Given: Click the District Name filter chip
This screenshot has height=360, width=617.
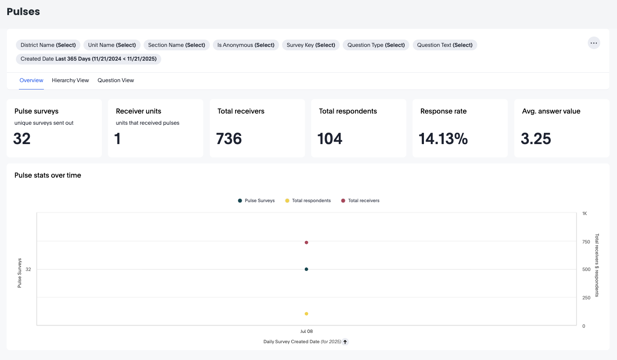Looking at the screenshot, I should tap(48, 45).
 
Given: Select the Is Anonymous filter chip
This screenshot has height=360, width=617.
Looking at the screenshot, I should tap(246, 45).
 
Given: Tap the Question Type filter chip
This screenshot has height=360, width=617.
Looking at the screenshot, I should tap(376, 45).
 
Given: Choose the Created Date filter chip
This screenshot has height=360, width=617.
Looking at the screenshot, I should tap(88, 59).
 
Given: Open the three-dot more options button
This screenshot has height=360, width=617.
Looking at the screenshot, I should tap(594, 43).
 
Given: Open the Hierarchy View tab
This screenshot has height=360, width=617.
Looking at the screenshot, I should tap(71, 80).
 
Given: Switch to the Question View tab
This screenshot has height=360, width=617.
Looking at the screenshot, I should tap(116, 80).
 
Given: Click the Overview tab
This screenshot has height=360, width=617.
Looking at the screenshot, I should tap(31, 80).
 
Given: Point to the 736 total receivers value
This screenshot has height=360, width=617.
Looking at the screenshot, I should tap(229, 139).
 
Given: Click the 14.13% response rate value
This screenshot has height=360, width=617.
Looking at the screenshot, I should tap(443, 139).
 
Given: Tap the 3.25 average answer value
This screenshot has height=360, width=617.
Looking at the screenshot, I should tap(536, 139).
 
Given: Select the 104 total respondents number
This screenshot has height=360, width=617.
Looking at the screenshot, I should tap(330, 139).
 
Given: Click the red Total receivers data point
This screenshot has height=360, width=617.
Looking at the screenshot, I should tap(307, 243).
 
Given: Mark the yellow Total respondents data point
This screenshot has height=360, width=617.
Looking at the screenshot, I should tap(307, 314).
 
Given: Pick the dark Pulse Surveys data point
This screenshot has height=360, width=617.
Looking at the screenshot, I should tap(307, 269).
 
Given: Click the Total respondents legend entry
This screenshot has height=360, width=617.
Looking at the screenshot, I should tap(308, 201).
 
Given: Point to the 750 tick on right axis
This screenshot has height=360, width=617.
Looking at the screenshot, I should tap(586, 242).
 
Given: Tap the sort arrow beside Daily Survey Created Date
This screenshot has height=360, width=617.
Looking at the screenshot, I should tap(345, 342).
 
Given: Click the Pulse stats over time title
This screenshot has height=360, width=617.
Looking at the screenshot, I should tap(48, 175).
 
